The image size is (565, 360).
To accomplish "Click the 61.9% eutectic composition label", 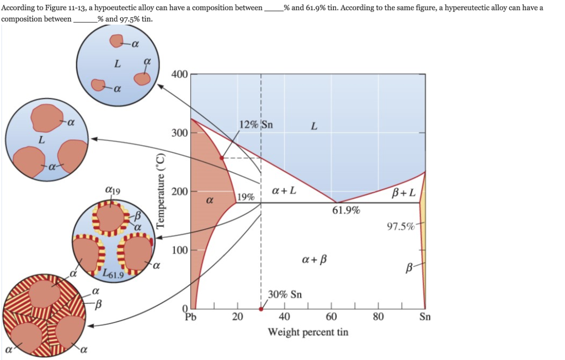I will (x=346, y=210).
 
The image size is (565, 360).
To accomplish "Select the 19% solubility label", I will (x=246, y=197).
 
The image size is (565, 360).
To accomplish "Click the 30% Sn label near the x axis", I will (x=285, y=294).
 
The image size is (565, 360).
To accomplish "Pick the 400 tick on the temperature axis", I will (x=180, y=74).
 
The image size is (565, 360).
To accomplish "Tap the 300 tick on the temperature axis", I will (x=180, y=133).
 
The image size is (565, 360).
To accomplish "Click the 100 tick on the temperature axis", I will (x=180, y=250).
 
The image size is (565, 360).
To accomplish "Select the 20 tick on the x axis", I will (x=237, y=317).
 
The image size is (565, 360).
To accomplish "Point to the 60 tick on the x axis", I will (x=331, y=317).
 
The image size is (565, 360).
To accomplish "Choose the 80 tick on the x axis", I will (x=378, y=317).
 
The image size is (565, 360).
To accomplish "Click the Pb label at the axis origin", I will (x=190, y=317).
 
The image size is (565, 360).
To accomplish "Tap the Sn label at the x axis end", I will (x=425, y=317).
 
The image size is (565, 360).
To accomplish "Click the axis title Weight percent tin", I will (x=308, y=332).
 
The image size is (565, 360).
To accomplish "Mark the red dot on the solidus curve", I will (x=222, y=158).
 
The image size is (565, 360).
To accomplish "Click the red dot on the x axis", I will (x=261, y=309).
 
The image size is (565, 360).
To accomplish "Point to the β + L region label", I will (x=404, y=193).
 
